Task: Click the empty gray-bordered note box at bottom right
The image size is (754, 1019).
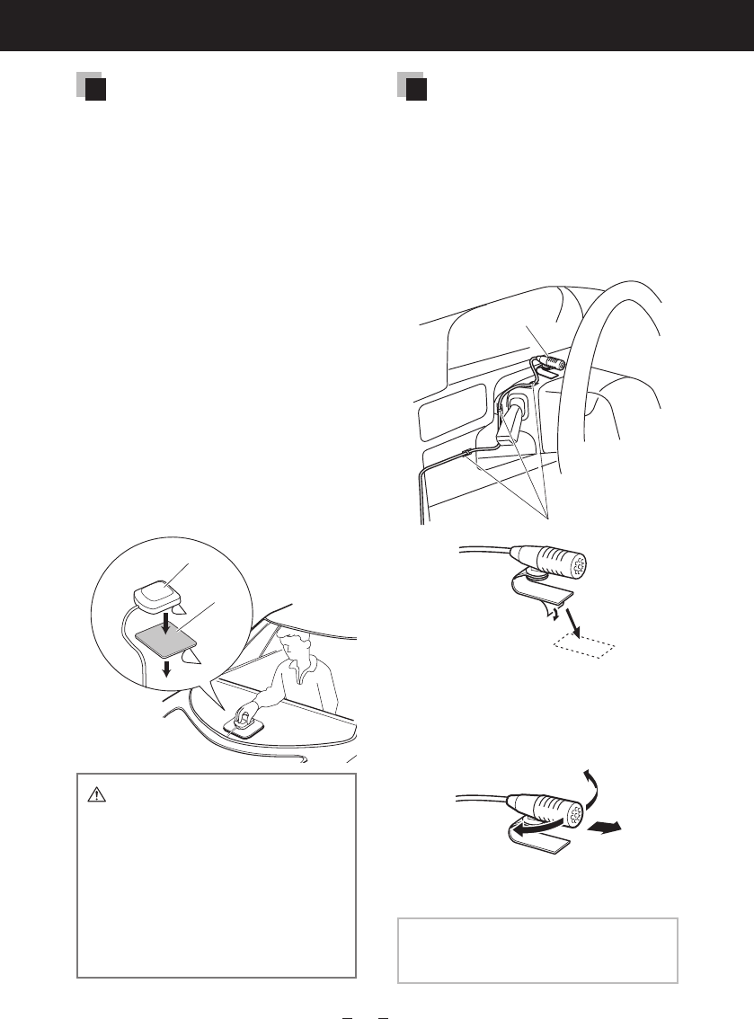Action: click(x=537, y=951)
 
